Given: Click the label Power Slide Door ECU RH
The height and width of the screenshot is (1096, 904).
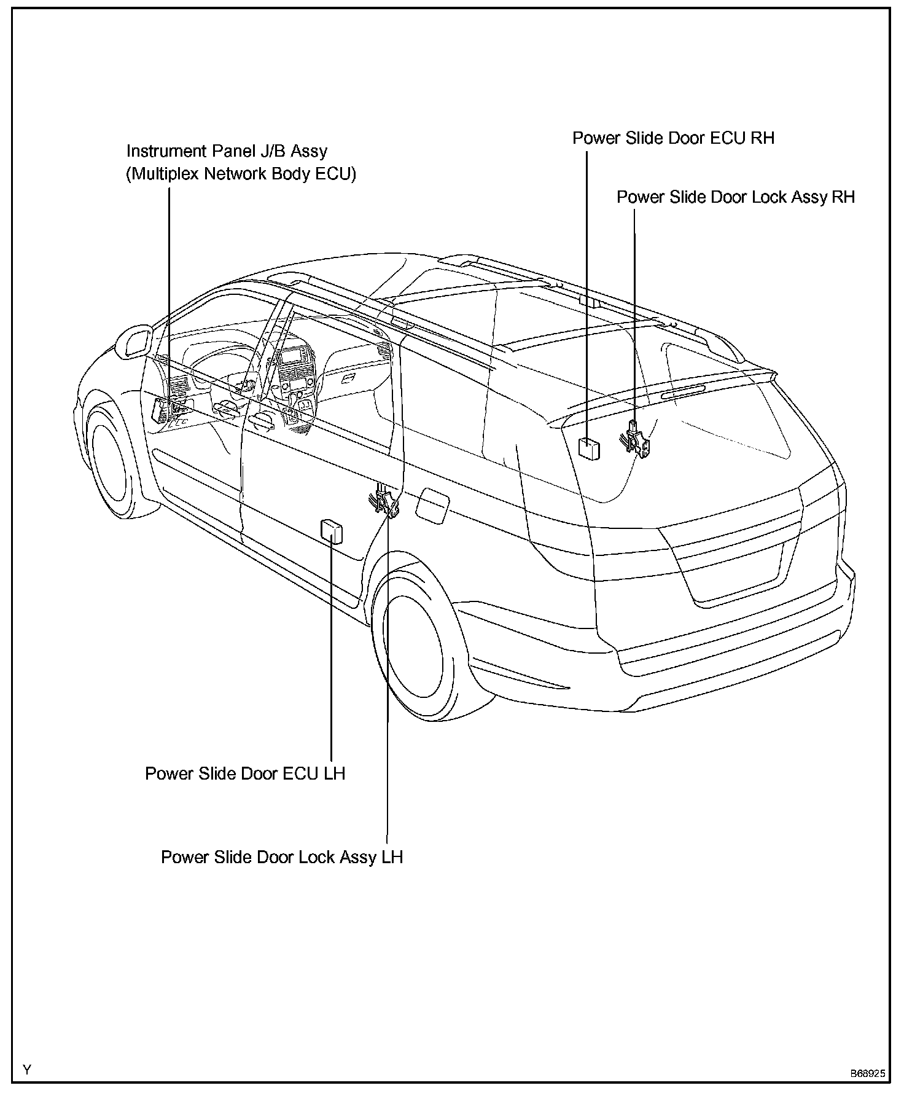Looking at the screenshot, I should click(673, 138).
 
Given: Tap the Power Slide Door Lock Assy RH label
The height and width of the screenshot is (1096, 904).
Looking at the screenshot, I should click(735, 197).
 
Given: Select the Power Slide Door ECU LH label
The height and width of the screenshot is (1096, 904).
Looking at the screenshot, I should click(244, 773).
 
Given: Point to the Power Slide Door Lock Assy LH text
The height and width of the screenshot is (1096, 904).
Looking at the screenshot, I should click(281, 857).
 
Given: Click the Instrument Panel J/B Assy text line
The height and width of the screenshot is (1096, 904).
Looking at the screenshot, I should click(227, 151).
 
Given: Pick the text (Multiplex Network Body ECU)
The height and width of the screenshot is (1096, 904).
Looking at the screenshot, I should click(241, 174).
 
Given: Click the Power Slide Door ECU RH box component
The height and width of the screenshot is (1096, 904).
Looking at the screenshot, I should click(589, 448).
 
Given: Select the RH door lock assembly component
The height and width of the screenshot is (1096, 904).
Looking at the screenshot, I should click(636, 439).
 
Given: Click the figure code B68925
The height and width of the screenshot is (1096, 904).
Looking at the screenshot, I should click(867, 1074).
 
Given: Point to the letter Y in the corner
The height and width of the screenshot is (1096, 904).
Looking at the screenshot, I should click(26, 1070).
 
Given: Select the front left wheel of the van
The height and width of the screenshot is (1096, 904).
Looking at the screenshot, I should click(110, 458).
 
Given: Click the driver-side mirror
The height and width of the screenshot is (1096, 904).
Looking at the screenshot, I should click(133, 342).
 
